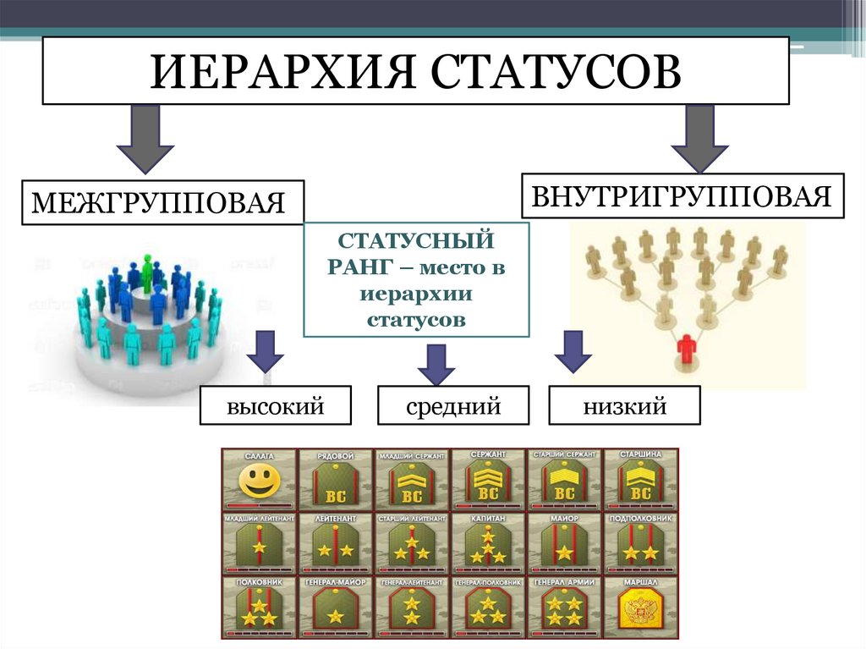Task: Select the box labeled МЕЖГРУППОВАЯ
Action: click(x=161, y=202)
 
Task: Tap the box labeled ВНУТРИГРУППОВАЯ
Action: click(x=682, y=196)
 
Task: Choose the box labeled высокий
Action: click(x=276, y=406)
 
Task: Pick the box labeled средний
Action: click(x=453, y=406)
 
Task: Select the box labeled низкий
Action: click(x=624, y=406)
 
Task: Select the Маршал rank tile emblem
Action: click(x=639, y=608)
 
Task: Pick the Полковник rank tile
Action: click(x=259, y=608)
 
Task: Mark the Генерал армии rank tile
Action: click(x=563, y=608)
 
